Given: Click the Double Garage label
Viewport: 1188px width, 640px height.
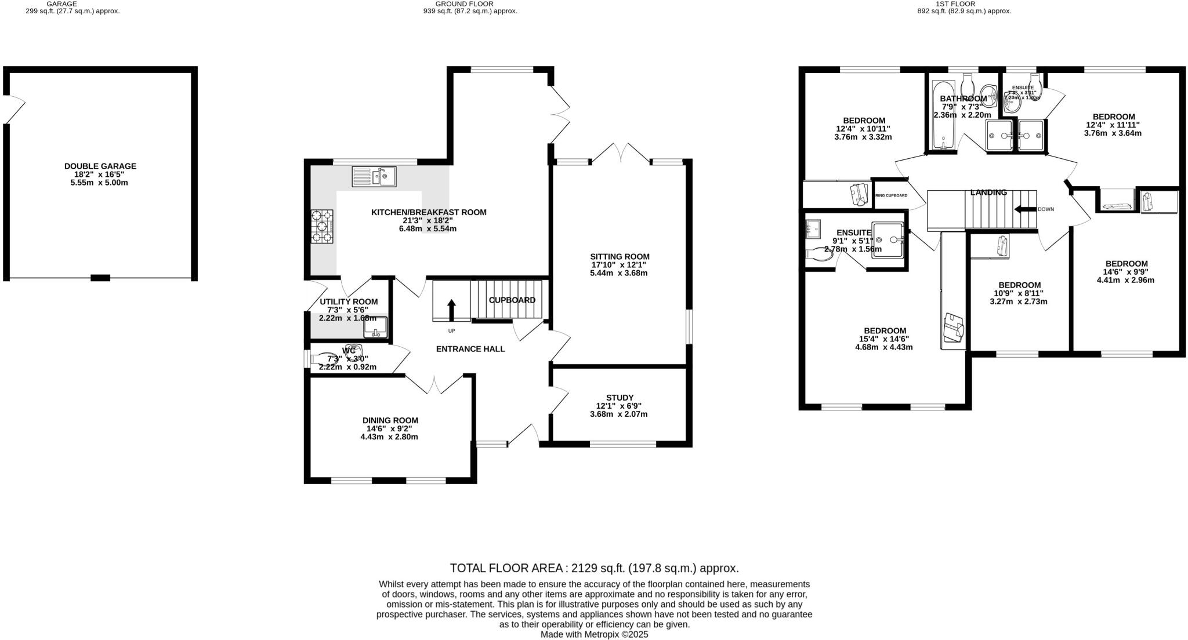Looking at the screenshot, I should click(x=100, y=166).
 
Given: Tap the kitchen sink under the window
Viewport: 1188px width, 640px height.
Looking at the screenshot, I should click(x=374, y=176).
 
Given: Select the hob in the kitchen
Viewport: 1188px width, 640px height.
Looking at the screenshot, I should click(x=323, y=226).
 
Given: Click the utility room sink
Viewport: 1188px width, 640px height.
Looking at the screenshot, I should click(x=375, y=328).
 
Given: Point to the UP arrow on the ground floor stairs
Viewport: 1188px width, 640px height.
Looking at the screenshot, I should click(x=451, y=310).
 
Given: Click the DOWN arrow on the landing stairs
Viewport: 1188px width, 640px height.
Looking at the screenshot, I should click(x=1025, y=209).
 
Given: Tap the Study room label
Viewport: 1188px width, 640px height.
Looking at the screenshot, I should click(x=620, y=398).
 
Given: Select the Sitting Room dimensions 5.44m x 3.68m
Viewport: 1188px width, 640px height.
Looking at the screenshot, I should click(x=618, y=273).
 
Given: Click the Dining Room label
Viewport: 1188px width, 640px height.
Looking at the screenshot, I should click(x=390, y=420).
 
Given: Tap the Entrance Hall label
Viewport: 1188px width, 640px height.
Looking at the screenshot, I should click(x=470, y=349).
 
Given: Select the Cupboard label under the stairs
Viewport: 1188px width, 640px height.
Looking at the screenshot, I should click(x=512, y=300).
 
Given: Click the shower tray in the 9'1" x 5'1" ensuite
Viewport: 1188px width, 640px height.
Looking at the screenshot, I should click(x=888, y=239).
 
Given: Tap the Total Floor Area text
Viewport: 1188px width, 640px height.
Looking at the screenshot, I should click(x=594, y=568).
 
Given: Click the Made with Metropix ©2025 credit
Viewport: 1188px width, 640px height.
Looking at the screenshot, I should click(x=594, y=635).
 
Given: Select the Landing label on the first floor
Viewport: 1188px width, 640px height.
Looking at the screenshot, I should click(x=988, y=192).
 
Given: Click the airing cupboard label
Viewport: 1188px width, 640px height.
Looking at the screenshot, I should click(x=891, y=196).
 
